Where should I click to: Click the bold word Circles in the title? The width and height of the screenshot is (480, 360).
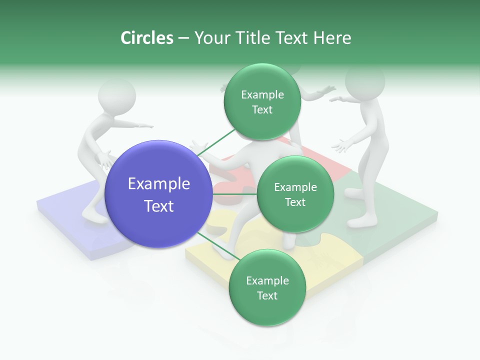[146, 38]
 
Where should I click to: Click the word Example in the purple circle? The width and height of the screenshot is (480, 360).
[159, 184]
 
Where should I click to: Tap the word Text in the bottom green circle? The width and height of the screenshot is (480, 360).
[267, 295]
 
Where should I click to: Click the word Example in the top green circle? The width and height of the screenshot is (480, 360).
[262, 95]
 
